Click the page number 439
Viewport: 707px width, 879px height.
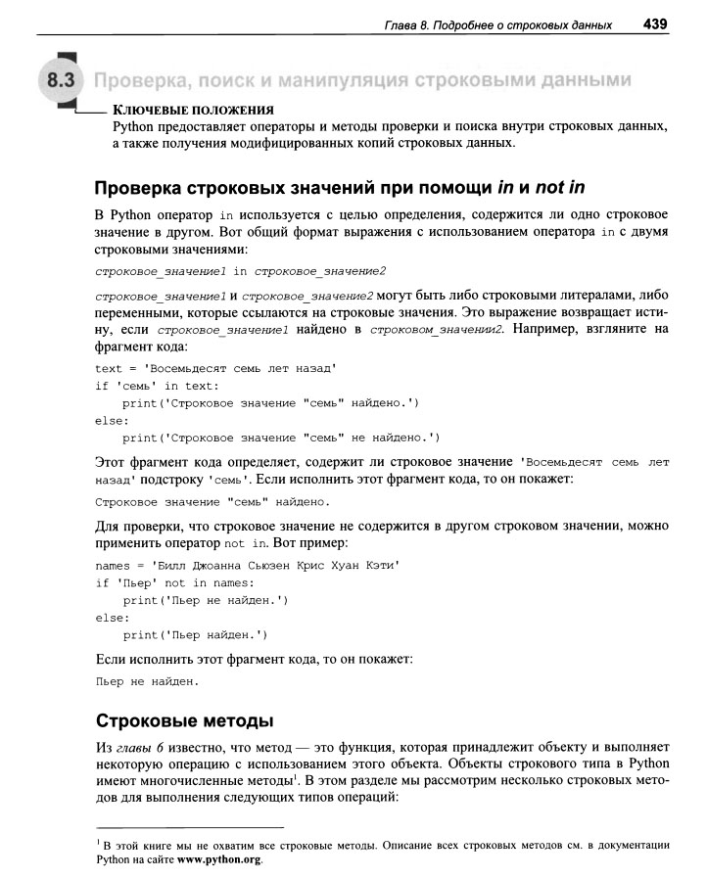(x=656, y=23)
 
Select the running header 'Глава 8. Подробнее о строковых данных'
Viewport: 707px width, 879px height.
(x=498, y=23)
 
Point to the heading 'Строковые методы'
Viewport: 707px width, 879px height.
(x=183, y=722)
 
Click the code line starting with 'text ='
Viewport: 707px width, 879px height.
(x=216, y=368)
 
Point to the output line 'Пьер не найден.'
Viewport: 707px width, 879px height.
(x=147, y=680)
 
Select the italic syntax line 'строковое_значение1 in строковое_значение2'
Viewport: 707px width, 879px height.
(x=240, y=269)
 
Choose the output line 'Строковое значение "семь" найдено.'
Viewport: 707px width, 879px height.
(x=212, y=502)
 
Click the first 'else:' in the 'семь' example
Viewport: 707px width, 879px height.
(x=112, y=420)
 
